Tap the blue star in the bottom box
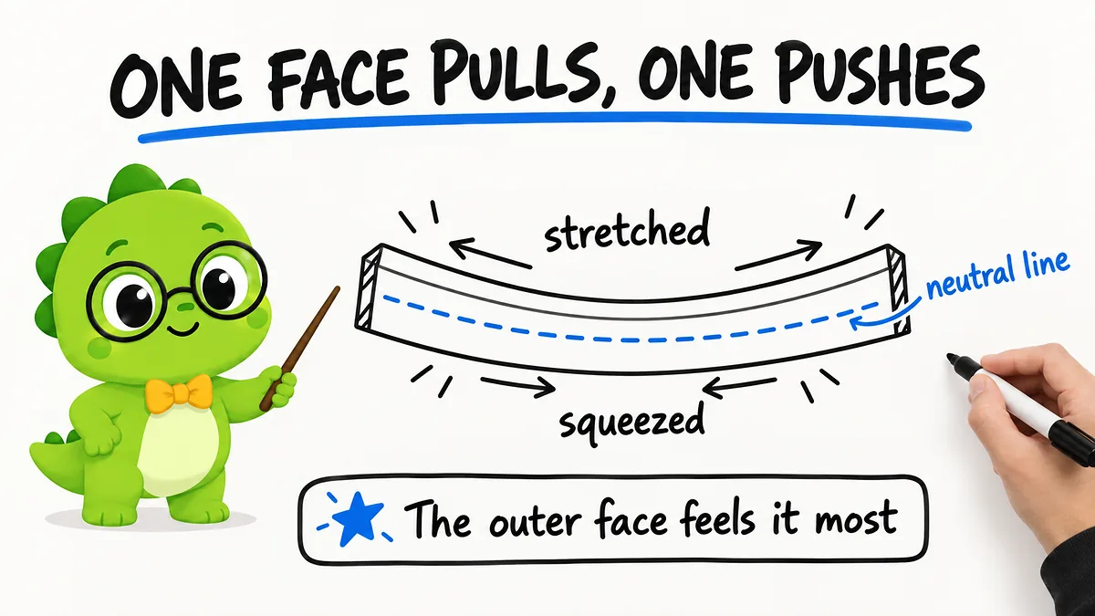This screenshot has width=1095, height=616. (x=358, y=519)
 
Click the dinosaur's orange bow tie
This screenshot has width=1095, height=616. (x=180, y=392)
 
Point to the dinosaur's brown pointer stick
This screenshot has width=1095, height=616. (x=299, y=348)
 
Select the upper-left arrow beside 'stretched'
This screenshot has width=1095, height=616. (x=490, y=253)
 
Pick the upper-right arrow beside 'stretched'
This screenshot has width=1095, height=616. (x=778, y=256)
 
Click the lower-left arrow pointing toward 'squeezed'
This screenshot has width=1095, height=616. (x=518, y=386)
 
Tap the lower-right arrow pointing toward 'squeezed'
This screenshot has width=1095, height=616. (x=739, y=387)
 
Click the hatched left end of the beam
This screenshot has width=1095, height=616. (x=369, y=288)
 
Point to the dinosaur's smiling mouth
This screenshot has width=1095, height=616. (x=182, y=330)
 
